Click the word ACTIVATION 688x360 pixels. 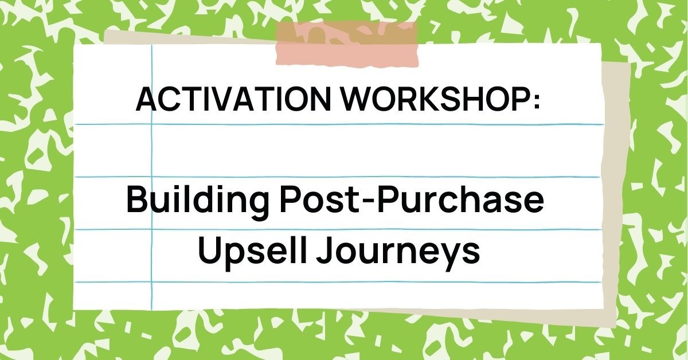click(232, 100)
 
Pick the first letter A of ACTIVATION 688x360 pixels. click(146, 100)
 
